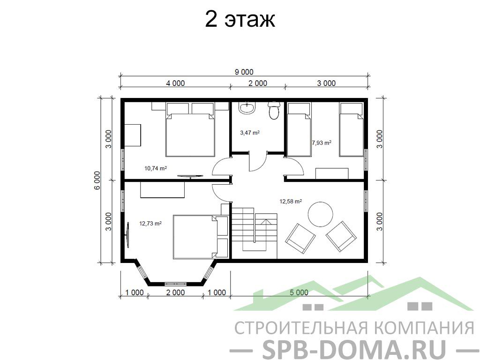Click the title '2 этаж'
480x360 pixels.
(x=240, y=19)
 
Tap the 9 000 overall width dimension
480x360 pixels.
(x=244, y=72)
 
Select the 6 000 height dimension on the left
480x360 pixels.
(x=97, y=180)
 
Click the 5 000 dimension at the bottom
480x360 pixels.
(x=299, y=292)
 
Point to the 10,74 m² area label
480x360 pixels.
(x=156, y=168)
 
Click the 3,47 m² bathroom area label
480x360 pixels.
(x=250, y=133)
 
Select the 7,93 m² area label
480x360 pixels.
(x=322, y=142)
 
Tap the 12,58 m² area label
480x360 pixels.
(x=291, y=201)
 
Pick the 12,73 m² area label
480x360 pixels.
(x=150, y=223)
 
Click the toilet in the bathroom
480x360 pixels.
(x=273, y=111)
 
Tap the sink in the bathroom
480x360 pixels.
(x=247, y=108)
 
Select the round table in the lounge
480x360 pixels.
(x=320, y=214)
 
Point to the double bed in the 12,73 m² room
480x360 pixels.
(x=201, y=237)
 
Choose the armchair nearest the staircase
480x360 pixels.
(x=300, y=239)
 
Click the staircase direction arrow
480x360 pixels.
(x=266, y=222)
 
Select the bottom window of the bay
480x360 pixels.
(x=175, y=284)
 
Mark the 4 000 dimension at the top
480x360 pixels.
(x=175, y=83)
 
